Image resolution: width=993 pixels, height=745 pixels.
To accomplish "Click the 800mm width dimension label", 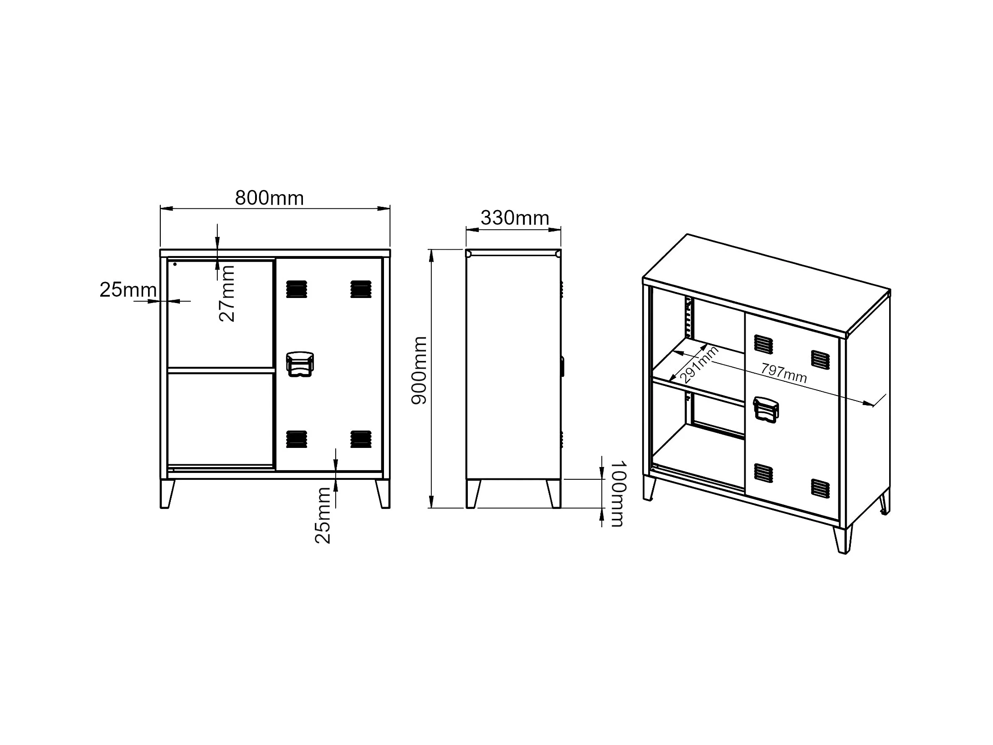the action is (x=269, y=198).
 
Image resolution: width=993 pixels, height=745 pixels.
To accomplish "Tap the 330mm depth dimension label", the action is (x=515, y=218).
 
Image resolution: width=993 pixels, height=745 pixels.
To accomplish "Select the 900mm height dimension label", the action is (x=419, y=370).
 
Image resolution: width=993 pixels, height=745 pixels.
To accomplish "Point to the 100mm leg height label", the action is (x=618, y=493).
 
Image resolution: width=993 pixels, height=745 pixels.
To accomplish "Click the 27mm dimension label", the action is (x=227, y=294).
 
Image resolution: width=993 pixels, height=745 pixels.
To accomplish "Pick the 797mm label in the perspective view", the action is (x=784, y=373).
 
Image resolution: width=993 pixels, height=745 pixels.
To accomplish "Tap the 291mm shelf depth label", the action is (x=699, y=365).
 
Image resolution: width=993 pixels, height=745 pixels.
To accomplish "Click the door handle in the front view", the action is (x=300, y=364).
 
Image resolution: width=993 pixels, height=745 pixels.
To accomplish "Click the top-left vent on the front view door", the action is (x=297, y=289).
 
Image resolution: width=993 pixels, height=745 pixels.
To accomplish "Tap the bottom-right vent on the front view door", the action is (x=361, y=439).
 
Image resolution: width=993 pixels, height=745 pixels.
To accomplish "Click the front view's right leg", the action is (x=383, y=494).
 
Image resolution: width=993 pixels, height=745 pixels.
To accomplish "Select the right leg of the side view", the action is (x=554, y=494).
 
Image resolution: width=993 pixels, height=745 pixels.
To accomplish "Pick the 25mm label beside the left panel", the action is (x=128, y=290).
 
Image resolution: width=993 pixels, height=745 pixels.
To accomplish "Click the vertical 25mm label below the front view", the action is (x=323, y=515).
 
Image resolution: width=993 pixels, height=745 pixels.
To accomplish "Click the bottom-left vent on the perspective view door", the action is (x=763, y=473).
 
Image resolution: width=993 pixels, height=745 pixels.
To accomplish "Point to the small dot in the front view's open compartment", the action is (x=175, y=264).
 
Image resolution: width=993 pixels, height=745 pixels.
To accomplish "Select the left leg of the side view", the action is (x=473, y=494).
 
